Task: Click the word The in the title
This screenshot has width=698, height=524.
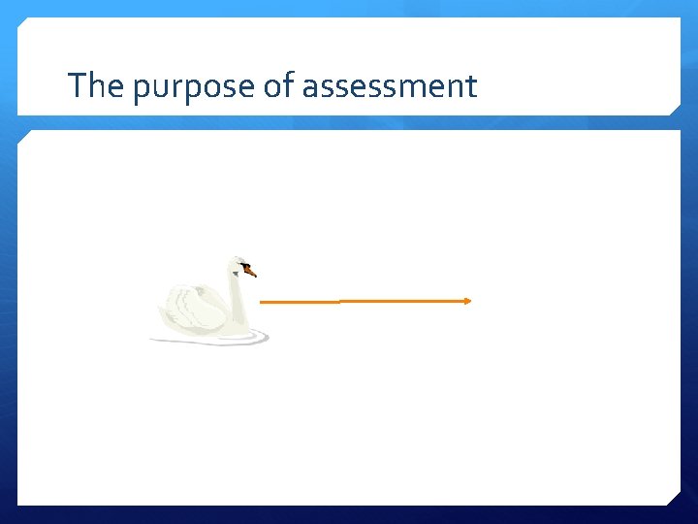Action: [97, 86]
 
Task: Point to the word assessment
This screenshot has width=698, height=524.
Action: [390, 87]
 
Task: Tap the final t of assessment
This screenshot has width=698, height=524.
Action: [471, 87]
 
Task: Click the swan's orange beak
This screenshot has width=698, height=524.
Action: [250, 272]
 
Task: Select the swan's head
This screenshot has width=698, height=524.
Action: [238, 265]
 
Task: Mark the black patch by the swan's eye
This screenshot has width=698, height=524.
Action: [244, 265]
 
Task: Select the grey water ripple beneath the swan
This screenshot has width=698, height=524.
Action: [208, 341]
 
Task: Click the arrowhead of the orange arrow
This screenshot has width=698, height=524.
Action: [468, 301]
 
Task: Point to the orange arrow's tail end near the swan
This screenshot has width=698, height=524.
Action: [263, 302]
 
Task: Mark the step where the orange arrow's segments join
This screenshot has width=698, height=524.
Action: [339, 301]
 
